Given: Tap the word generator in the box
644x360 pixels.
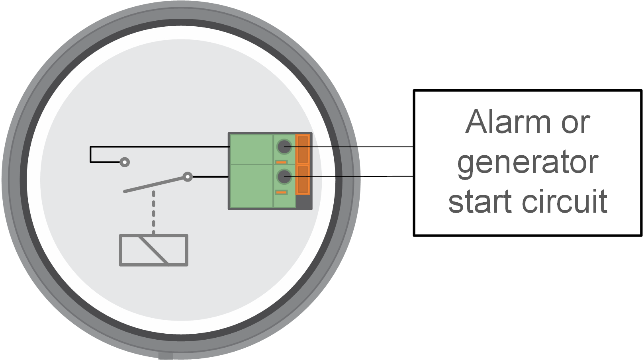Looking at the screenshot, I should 527,163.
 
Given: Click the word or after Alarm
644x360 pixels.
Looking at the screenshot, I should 575,123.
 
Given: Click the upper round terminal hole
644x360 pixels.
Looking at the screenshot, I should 284,147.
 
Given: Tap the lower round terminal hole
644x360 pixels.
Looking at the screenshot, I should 284,176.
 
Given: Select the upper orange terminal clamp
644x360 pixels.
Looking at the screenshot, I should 303,149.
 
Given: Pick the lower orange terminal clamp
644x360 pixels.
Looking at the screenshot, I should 303,180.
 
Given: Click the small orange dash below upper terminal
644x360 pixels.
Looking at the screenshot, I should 281,162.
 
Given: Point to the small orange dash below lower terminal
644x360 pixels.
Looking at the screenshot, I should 281,193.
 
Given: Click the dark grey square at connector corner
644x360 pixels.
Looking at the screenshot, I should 304,202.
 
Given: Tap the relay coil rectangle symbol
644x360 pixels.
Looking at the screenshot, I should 154,250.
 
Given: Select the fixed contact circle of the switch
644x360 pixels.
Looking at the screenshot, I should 125,162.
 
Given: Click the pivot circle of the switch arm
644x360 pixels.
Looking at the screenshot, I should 187,176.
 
